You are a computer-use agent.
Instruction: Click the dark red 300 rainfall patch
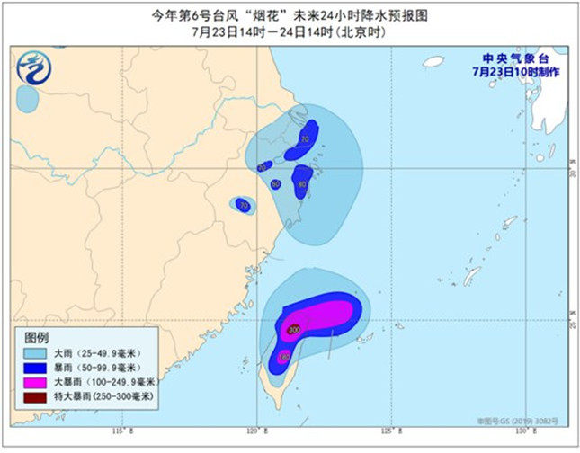click(x=293, y=329)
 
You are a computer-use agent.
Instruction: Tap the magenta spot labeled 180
click(x=285, y=358)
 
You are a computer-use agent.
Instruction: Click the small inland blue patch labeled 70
click(x=244, y=206)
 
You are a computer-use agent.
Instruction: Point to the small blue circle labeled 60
click(x=275, y=184)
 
